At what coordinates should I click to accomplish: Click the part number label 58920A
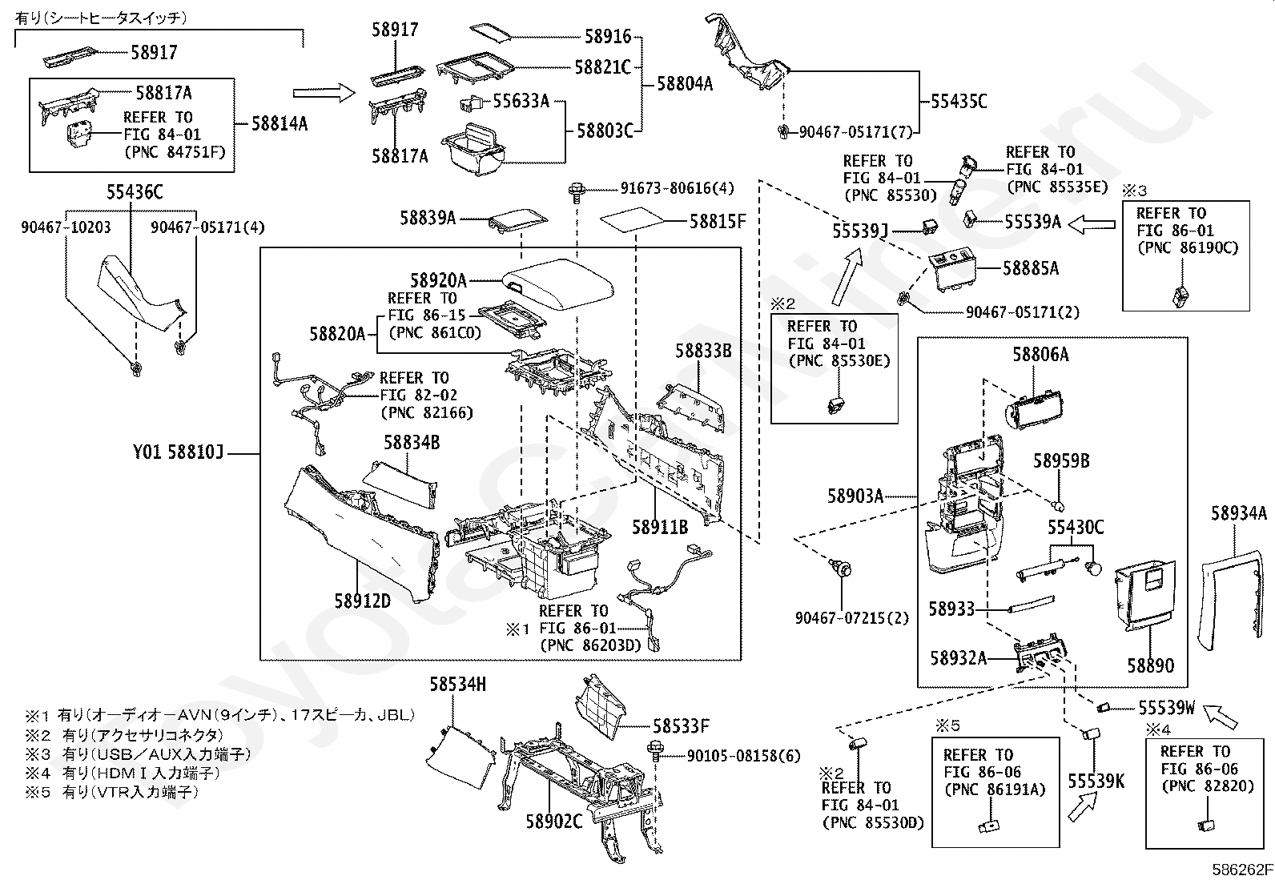[x=438, y=280]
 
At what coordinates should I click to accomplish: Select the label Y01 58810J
[x=178, y=452]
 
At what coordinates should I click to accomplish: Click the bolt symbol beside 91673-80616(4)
[x=577, y=191]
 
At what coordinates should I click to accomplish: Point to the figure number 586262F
[x=1242, y=870]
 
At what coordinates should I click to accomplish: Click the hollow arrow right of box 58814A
[x=324, y=93]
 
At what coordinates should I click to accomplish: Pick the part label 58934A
[x=1239, y=513]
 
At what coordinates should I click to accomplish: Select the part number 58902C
[x=554, y=822]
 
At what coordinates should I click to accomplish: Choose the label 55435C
[x=959, y=102]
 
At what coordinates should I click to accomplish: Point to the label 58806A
[x=1040, y=355]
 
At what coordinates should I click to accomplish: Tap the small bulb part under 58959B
[x=1059, y=505]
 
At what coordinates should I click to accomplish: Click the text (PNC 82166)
[x=427, y=412]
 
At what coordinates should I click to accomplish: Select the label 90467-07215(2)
[x=852, y=617]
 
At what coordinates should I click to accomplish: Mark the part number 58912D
[x=363, y=601]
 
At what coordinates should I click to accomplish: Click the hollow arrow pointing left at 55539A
[x=1092, y=225]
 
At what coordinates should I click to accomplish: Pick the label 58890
[x=1150, y=665]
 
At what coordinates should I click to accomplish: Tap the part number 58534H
[x=457, y=684]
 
